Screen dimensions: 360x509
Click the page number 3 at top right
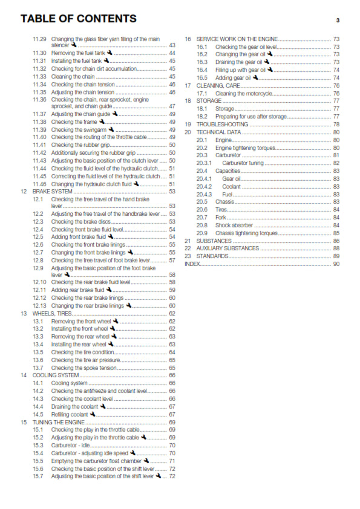337,20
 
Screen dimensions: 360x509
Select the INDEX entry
192,264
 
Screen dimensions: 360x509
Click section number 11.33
39,77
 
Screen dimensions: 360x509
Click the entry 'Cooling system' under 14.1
69,383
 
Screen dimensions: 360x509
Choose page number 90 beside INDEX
336,264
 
